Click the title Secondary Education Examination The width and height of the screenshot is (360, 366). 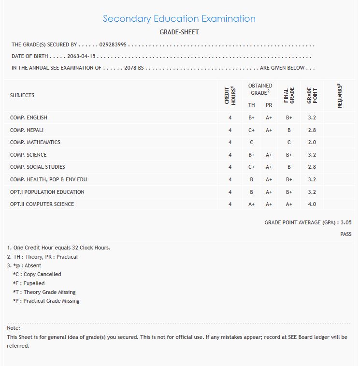[179, 19]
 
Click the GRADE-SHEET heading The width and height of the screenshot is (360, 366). [179, 32]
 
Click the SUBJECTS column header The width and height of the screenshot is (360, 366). [22, 95]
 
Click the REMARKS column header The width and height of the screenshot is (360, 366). [340, 95]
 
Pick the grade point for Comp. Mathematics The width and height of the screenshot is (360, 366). [312, 143]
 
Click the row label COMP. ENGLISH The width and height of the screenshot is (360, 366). [29, 118]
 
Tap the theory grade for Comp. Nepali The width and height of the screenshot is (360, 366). [251, 130]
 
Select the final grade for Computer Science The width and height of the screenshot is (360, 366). [289, 204]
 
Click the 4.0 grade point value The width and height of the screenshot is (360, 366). [312, 204]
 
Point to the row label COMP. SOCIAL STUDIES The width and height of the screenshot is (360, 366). [38, 167]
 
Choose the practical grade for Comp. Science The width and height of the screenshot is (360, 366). [269, 155]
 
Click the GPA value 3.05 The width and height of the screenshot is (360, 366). [346, 223]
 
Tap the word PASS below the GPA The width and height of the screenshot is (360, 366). [346, 234]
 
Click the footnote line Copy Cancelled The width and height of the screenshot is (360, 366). [37, 275]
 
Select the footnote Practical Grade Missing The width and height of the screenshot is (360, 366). [46, 301]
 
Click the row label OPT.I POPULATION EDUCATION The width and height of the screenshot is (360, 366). [47, 192]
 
